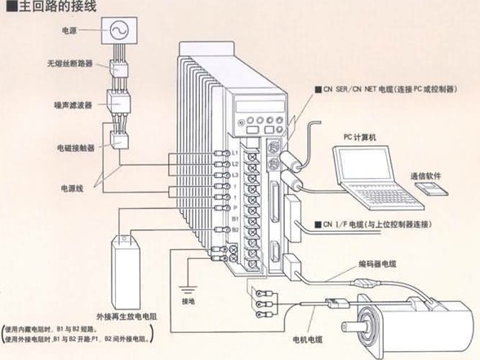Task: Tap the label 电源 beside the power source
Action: click(70, 31)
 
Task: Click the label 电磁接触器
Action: click(74, 147)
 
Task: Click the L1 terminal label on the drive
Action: click(236, 153)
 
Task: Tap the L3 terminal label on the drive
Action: click(236, 175)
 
